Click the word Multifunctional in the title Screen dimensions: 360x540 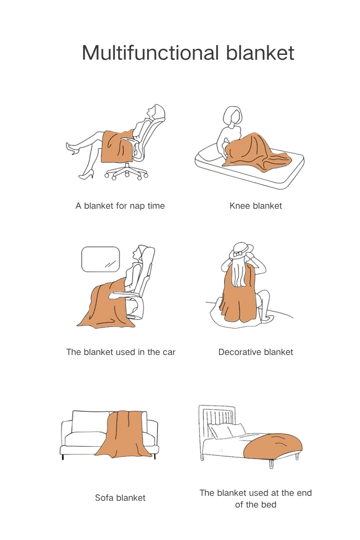click(150, 52)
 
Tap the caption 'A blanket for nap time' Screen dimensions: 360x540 click(120, 206)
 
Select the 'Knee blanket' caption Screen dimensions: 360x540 click(256, 206)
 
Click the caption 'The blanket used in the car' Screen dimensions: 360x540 click(121, 352)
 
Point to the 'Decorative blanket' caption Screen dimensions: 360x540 click(256, 352)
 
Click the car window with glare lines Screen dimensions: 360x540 click(100, 259)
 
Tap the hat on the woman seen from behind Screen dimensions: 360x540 click(241, 251)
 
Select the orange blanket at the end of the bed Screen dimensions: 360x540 click(272, 445)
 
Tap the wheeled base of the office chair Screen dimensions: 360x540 click(126, 173)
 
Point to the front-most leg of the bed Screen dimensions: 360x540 click(271, 463)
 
